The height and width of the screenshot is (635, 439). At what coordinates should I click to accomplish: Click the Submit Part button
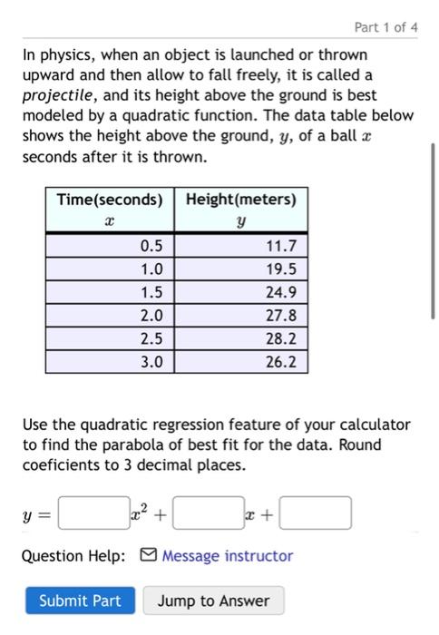point(79,601)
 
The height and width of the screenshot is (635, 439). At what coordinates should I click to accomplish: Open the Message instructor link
point(227,556)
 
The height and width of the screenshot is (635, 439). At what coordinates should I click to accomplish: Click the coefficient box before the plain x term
point(208,514)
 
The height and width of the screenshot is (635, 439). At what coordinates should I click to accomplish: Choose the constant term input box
point(316,514)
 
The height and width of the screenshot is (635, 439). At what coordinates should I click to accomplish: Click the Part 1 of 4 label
point(386,27)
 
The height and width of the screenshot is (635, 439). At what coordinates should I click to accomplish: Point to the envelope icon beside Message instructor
point(149,556)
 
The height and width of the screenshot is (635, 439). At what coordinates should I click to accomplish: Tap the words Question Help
point(74,556)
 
